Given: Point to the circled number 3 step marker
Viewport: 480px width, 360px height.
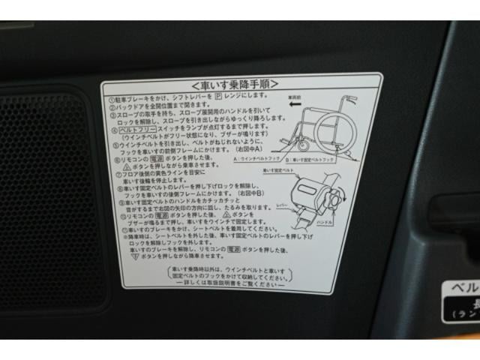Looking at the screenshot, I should point(111,114).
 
